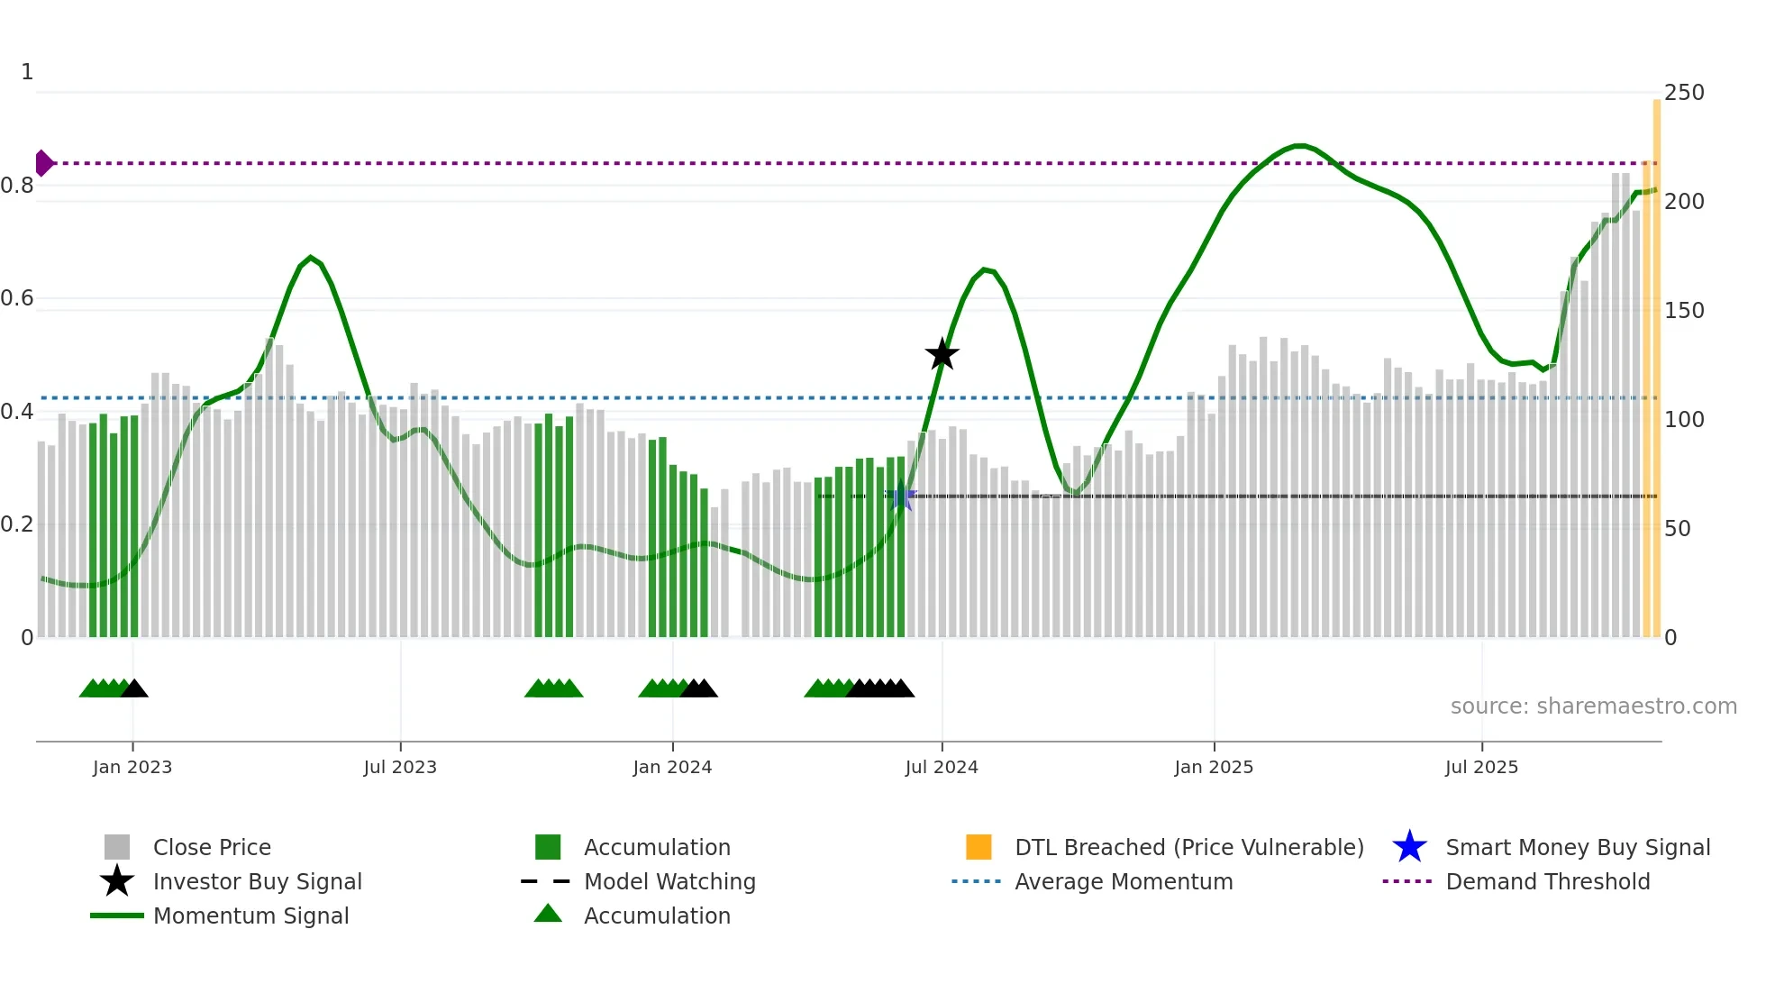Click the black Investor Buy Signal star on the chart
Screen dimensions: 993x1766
point(942,354)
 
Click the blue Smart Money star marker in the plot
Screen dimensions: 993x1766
point(900,496)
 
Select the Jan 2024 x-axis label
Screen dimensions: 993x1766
point(672,767)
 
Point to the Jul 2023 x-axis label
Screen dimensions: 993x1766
point(400,767)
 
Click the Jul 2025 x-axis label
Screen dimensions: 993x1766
point(1481,767)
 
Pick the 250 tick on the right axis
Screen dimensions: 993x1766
point(1684,93)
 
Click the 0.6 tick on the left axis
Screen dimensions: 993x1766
point(17,298)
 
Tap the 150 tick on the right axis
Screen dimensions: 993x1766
point(1684,311)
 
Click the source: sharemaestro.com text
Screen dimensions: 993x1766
point(1593,706)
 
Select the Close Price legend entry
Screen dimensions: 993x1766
point(212,847)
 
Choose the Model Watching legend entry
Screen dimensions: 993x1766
point(669,881)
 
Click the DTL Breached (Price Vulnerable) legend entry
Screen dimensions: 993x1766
point(1188,847)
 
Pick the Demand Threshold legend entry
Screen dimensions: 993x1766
point(1547,881)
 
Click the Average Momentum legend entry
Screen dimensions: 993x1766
point(1123,881)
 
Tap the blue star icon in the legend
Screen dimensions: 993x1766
point(1409,847)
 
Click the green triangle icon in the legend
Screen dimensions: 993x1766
point(548,915)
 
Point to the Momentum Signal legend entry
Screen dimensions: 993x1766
point(250,916)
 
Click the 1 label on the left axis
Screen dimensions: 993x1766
point(27,72)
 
